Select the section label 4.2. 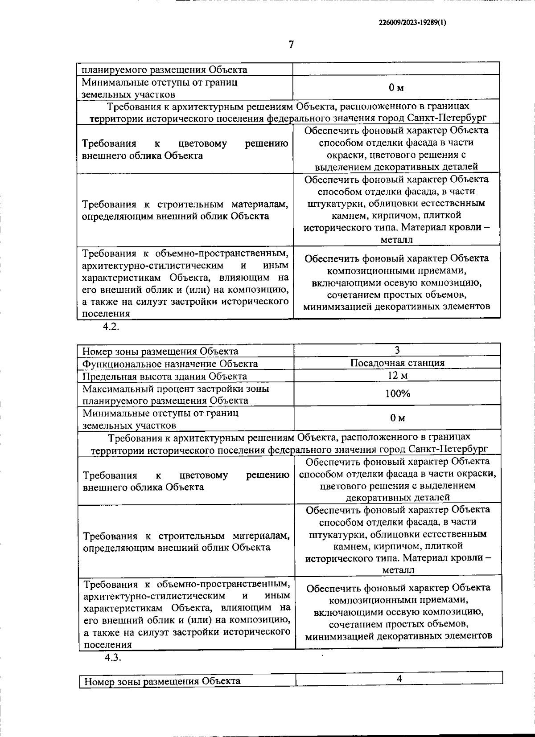coord(111,326)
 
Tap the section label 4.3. coord(113,658)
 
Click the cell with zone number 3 coord(397,350)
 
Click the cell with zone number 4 coord(399,679)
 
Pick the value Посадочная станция coord(397,363)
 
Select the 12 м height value coord(397,375)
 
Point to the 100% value coord(397,393)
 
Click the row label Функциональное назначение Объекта coord(170,364)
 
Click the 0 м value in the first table coord(396,88)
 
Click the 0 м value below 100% coord(397,418)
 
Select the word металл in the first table coord(396,240)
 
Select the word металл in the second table coord(398,570)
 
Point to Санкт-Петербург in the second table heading coord(448,448)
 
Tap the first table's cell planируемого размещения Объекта coord(164,70)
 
